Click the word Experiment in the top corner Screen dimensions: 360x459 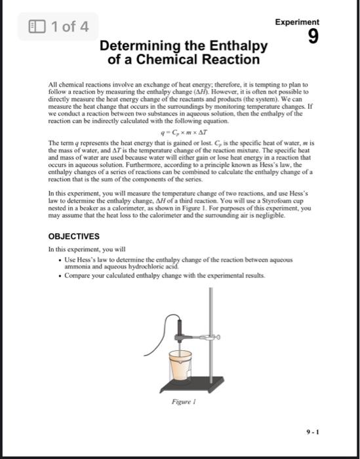click(297, 22)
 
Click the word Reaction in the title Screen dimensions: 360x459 click(226, 60)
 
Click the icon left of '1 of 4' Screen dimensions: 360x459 click(36, 28)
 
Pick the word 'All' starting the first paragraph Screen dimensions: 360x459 click(54, 85)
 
